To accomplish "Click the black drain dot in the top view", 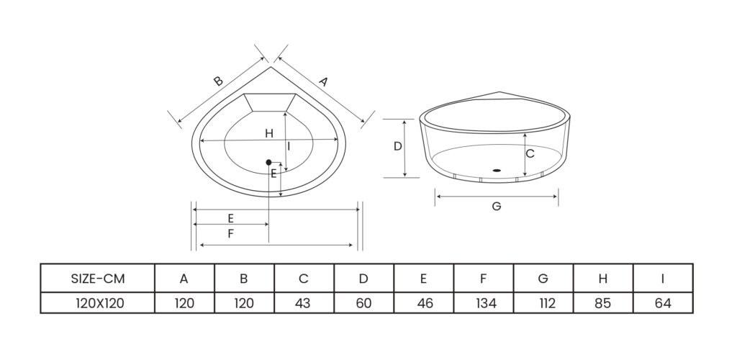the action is [269, 162].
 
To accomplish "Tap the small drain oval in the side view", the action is [497, 170].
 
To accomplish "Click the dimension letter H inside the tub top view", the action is [269, 133].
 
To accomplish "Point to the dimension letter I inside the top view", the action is [289, 146].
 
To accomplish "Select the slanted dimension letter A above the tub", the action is [323, 82].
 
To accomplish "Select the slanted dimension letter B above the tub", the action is [218, 81].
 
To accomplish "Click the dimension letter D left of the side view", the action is [397, 146].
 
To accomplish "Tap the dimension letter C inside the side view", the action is [530, 153].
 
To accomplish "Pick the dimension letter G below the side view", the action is [497, 206].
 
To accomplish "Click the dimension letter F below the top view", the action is [230, 233].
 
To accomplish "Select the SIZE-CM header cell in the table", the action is [98, 279].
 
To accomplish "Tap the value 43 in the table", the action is [303, 303].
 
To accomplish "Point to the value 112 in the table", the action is [546, 303].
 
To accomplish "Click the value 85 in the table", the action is [603, 303].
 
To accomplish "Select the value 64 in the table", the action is [663, 303].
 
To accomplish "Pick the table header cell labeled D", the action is [363, 279].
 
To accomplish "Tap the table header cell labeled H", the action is [603, 279].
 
